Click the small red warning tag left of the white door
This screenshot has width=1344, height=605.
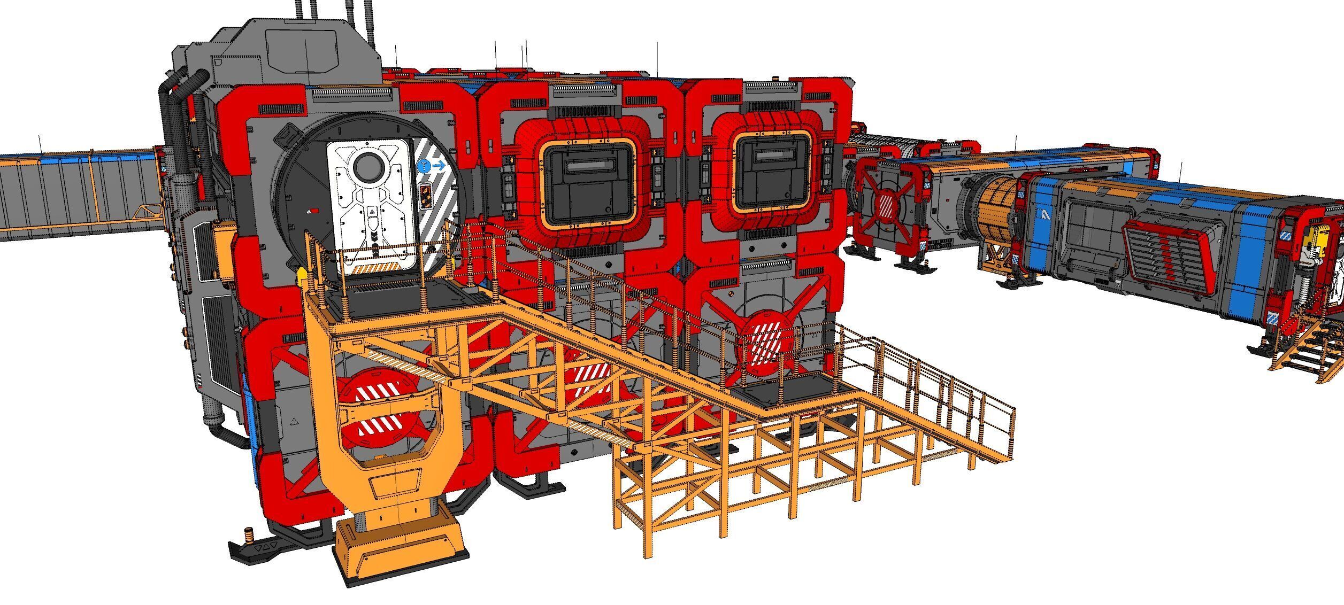coord(315,212)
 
